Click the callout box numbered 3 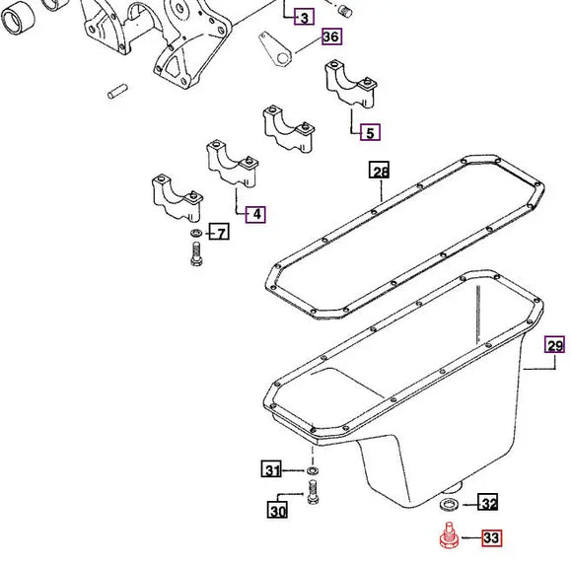[x=304, y=17]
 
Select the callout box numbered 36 [x=331, y=36]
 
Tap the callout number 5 [x=370, y=132]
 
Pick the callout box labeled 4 [x=255, y=214]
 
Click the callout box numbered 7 [x=219, y=232]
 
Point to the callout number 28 [x=380, y=170]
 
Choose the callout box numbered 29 [x=554, y=345]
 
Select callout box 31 [x=272, y=469]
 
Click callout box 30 [x=277, y=510]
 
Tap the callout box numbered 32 [x=488, y=503]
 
